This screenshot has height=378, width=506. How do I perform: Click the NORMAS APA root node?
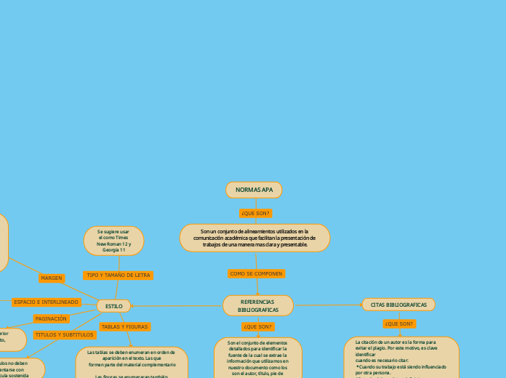tap(254, 190)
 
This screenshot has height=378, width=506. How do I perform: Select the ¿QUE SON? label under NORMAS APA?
tap(255, 214)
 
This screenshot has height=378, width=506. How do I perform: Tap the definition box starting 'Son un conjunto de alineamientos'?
tap(254, 238)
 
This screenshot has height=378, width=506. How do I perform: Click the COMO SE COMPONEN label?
tap(256, 273)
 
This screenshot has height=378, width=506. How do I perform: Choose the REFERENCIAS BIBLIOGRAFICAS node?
tap(257, 305)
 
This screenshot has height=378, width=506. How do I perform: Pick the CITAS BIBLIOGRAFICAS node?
tap(398, 305)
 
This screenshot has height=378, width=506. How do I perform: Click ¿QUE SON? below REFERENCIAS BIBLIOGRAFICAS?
tap(257, 326)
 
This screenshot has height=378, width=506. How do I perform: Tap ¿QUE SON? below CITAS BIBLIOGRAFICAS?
tap(399, 323)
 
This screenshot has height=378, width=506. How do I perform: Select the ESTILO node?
tap(114, 306)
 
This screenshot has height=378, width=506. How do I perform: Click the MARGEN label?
tap(52, 278)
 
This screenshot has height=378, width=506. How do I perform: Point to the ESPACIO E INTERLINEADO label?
tap(46, 302)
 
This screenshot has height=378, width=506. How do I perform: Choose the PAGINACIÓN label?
tap(51, 318)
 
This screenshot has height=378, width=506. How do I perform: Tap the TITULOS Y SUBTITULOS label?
tap(64, 335)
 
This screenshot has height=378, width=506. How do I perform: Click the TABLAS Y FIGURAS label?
tap(124, 327)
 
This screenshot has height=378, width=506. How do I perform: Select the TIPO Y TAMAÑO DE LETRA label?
tap(118, 276)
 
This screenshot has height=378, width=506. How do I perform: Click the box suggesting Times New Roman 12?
tap(114, 241)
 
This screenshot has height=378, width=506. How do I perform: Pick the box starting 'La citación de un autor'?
tap(401, 357)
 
